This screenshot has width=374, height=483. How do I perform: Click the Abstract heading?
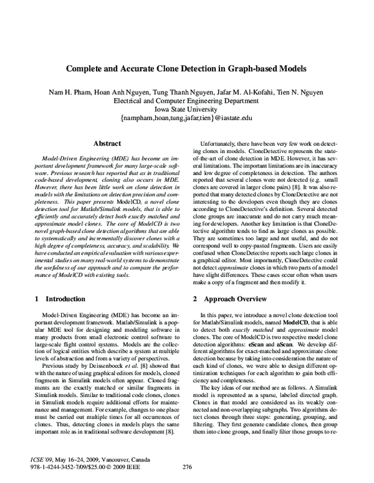click(102, 143)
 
